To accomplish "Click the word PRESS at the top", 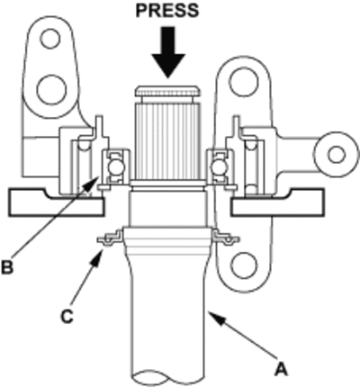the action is (167, 11).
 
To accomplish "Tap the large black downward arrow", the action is (167, 52).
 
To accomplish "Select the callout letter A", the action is (281, 369).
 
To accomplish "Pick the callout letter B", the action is (7, 266).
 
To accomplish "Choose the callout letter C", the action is (67, 316).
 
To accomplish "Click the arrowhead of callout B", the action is (93, 183).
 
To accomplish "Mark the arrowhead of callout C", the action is (97, 256).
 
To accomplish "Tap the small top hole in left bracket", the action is (50, 39).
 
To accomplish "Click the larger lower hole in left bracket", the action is (51, 89).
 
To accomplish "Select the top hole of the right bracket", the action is (243, 82).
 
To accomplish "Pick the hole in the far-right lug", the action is (337, 155).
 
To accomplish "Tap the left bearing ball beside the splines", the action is (114, 166).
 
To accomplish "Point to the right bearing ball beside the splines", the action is (216, 167).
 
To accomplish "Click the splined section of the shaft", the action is (166, 140).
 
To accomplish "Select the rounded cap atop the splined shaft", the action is (167, 91).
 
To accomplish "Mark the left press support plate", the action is (56, 202).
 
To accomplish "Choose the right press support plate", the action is (278, 202).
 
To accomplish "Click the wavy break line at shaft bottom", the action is (169, 378).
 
